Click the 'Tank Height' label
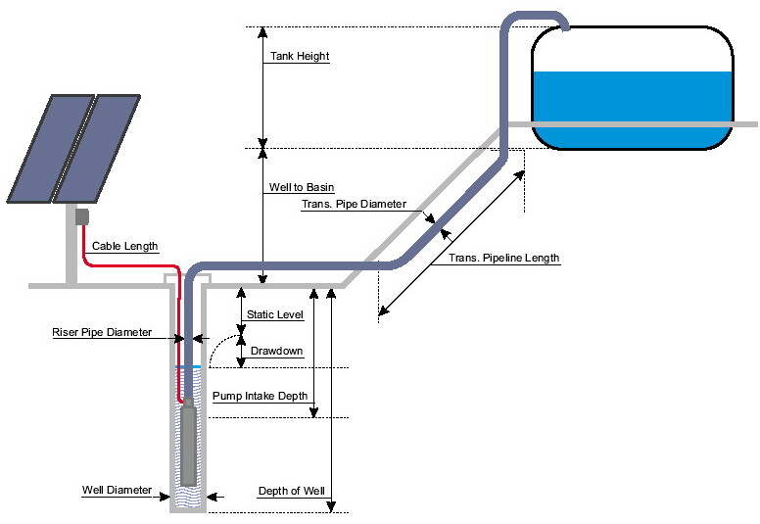coord(299,57)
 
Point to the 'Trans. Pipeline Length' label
coord(503,259)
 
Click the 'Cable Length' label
coord(124,246)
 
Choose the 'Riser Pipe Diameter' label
coord(102,332)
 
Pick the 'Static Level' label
coord(275,315)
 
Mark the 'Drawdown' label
coord(276,350)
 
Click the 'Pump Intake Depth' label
coord(260,397)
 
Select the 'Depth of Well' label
coord(290,491)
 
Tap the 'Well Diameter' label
coord(117,490)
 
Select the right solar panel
coord(104,152)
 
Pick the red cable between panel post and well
coord(127,265)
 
